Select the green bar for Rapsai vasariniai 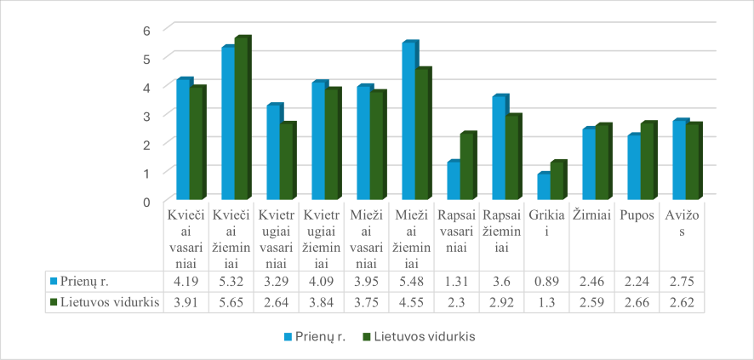tap(466, 167)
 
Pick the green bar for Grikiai tap(557, 181)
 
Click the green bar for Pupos tap(647, 162)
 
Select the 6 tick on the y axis tap(146, 30)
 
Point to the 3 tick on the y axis tap(146, 115)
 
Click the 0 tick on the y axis tap(146, 201)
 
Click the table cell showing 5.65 tap(231, 301)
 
